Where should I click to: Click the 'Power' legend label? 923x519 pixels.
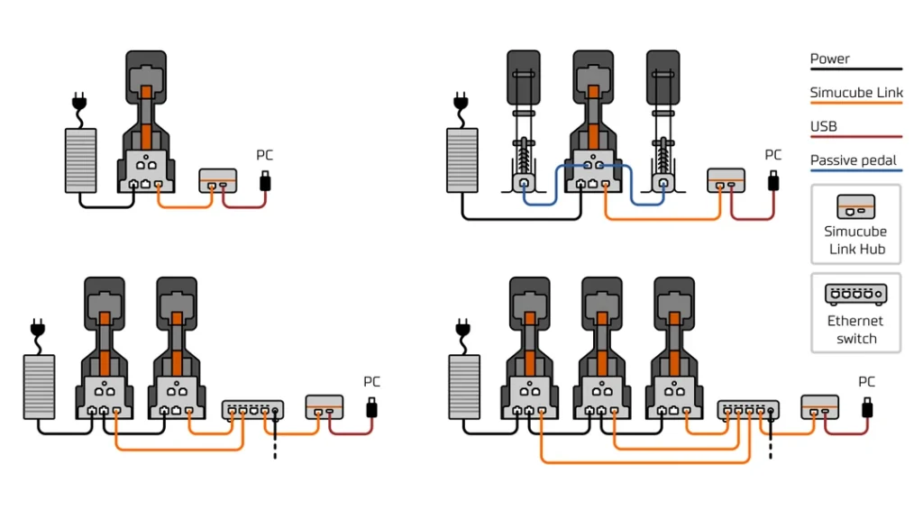coord(829,59)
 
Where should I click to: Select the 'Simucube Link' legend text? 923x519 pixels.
coord(855,93)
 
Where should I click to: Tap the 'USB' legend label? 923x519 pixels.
coord(823,126)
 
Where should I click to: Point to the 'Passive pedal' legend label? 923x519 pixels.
coord(853,160)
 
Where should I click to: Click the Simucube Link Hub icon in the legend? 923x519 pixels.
coord(855,206)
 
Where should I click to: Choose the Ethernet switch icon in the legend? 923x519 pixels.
coord(855,294)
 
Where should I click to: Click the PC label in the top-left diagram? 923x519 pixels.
coord(264,155)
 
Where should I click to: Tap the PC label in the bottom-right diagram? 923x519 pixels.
coord(866,381)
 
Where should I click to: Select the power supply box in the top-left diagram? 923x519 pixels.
coord(80,160)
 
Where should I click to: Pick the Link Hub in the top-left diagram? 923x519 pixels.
coord(217,180)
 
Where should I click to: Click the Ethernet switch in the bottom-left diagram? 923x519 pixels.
coord(252,411)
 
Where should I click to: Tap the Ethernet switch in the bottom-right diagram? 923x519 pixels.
coord(747,411)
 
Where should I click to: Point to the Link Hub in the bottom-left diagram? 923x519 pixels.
coord(324,407)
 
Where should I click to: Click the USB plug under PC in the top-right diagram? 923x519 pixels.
coord(773,180)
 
